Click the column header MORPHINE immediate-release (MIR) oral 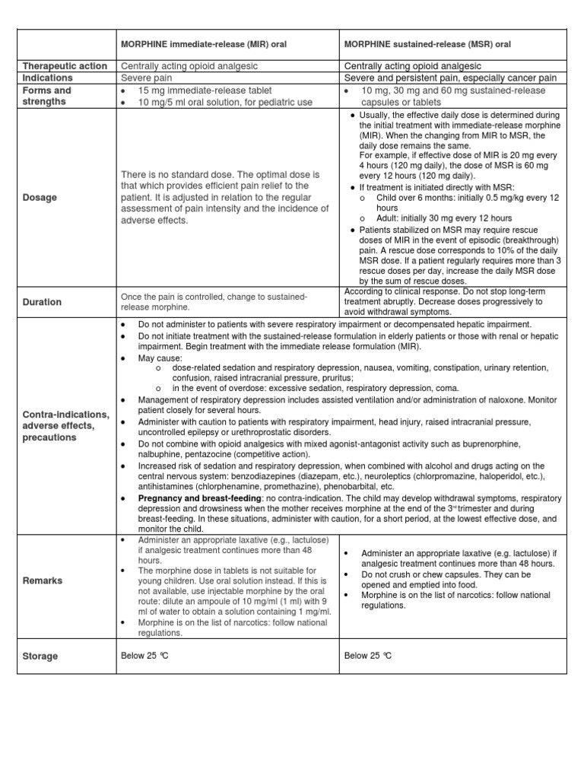pos(203,45)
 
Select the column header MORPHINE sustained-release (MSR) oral pos(427,45)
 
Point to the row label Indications pos(48,78)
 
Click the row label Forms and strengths pos(47,96)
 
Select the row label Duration pos(43,302)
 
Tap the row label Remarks pos(43,580)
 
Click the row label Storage pos(40,656)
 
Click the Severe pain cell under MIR pos(147,78)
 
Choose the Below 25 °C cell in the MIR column pos(144,656)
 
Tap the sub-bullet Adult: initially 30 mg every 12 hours pos(444,218)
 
